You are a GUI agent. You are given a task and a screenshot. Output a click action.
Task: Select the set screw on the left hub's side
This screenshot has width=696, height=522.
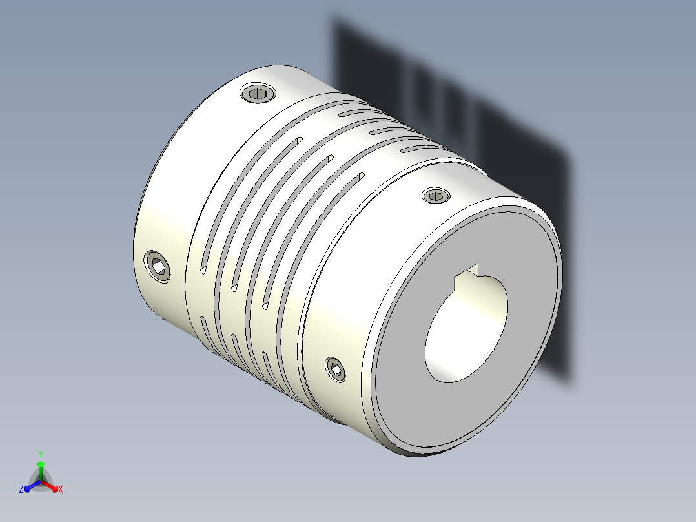[158, 266]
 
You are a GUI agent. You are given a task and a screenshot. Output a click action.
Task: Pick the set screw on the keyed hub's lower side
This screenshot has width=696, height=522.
[334, 369]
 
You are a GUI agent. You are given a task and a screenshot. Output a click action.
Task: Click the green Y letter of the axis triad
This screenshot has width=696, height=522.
[40, 454]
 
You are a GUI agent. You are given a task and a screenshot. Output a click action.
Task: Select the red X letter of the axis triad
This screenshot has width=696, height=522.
[61, 490]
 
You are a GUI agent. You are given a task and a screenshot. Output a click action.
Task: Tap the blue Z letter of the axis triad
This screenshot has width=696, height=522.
[21, 489]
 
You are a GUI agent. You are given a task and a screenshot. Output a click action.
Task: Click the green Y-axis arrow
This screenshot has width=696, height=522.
[40, 468]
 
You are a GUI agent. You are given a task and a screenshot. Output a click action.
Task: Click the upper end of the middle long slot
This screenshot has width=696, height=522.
[329, 156]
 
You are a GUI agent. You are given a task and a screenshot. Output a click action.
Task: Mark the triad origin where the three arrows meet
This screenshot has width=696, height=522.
[40, 481]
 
